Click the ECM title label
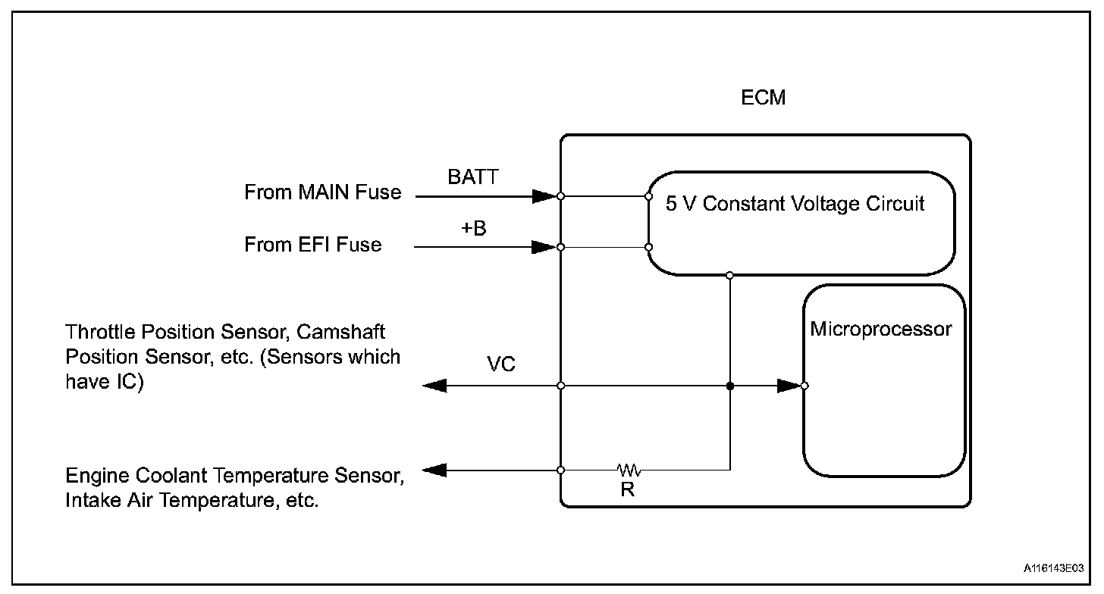point(763,98)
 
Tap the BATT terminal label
point(472,177)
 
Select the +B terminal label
point(474,228)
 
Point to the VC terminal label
point(500,364)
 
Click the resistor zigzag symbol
point(629,470)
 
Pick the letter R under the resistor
point(627,489)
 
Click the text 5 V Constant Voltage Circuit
point(795,203)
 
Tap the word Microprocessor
point(881,329)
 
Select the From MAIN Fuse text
point(323,192)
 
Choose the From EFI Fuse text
point(313,244)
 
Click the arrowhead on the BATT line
point(544,196)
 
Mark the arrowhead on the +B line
point(544,247)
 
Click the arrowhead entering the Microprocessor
point(789,386)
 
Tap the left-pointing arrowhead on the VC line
point(434,386)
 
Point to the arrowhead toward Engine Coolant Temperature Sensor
point(434,471)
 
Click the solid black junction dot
point(730,386)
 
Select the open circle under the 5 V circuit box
point(730,275)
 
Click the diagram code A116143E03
point(1054,568)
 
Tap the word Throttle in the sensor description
point(101,332)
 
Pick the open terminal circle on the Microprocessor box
point(804,386)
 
